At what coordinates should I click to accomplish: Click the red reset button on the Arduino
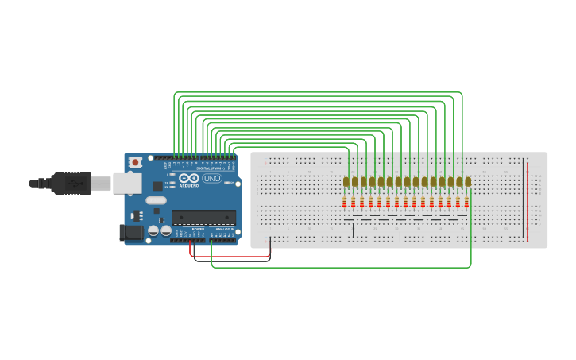tap(135, 162)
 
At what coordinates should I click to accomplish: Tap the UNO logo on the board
tap(212, 178)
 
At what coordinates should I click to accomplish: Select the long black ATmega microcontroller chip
tap(203, 217)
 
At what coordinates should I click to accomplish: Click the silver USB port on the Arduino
tap(125, 184)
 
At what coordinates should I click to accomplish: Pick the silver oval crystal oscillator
tap(157, 200)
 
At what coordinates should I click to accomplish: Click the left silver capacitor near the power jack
tap(152, 231)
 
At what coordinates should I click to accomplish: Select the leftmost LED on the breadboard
tap(346, 182)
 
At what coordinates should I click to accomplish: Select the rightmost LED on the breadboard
tap(468, 182)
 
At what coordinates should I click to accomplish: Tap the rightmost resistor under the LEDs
tap(466, 201)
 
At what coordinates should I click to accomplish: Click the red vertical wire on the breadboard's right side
tap(526, 199)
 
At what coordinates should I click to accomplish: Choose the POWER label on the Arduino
tap(196, 229)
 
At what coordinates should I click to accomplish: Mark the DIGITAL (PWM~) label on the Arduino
tap(208, 168)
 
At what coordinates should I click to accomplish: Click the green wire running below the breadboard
tap(342, 267)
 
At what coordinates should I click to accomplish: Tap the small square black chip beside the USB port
tap(135, 215)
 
